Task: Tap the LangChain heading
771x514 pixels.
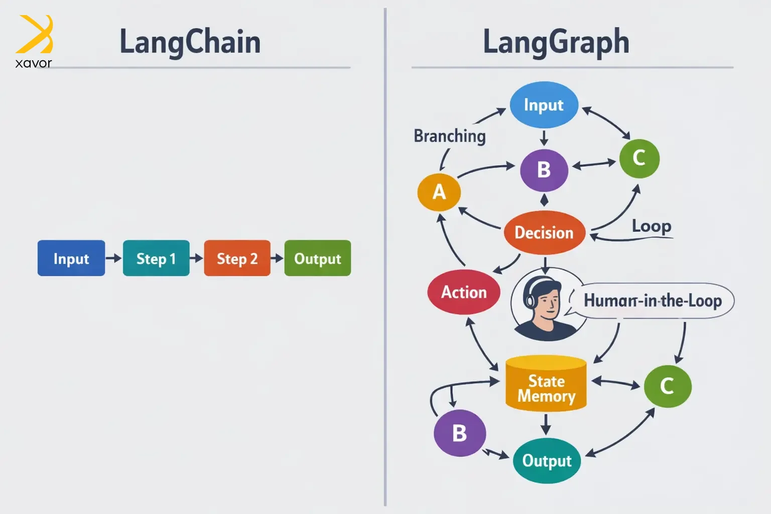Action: (x=190, y=42)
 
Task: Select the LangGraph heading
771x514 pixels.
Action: (x=556, y=42)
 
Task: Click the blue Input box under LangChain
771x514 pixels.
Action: (x=71, y=258)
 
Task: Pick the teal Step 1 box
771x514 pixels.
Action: (x=156, y=258)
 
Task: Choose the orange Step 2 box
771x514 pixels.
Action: (x=237, y=258)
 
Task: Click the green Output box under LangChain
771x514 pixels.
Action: (x=317, y=258)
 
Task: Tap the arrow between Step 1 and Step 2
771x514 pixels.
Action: (x=197, y=258)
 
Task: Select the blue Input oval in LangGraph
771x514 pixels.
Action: (x=544, y=105)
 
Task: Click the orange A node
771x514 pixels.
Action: (x=439, y=192)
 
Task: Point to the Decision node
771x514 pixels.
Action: (x=544, y=232)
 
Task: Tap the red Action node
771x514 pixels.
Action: (x=464, y=292)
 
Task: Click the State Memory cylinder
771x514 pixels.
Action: (x=546, y=384)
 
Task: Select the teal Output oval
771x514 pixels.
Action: (x=547, y=460)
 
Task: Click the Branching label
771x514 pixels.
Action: (x=450, y=136)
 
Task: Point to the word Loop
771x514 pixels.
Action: (x=652, y=226)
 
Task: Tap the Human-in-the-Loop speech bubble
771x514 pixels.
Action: (x=653, y=301)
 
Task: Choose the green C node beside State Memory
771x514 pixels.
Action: (x=667, y=386)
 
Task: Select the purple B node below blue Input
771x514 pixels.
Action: (x=544, y=170)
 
